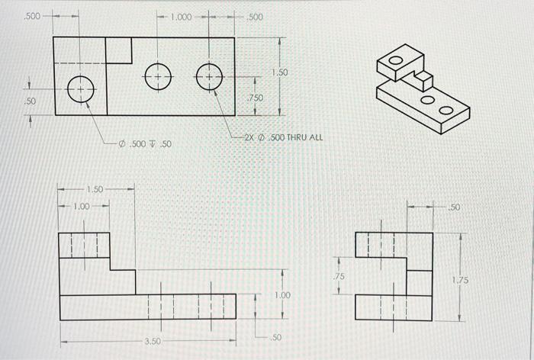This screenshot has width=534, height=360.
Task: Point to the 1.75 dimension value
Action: [460, 281]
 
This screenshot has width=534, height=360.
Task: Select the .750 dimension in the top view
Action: [255, 98]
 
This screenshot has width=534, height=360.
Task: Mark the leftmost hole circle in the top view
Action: [80, 89]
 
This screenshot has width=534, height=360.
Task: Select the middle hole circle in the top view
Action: [157, 77]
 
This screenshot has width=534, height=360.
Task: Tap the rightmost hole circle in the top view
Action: [209, 77]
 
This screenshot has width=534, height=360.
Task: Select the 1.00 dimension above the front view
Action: [81, 205]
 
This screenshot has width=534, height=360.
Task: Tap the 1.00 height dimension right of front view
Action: [282, 294]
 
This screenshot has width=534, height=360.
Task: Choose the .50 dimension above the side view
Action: [455, 207]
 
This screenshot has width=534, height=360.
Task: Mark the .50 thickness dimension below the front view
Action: [278, 337]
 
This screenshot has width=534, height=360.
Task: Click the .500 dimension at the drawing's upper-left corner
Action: [33, 14]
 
